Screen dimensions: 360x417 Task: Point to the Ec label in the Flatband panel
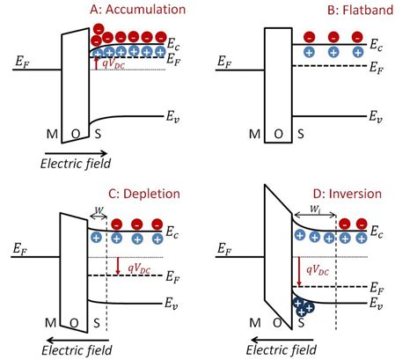[x=374, y=43]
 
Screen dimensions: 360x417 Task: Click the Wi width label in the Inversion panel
[x=313, y=209]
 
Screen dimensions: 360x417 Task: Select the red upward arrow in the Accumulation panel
[x=96, y=63]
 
